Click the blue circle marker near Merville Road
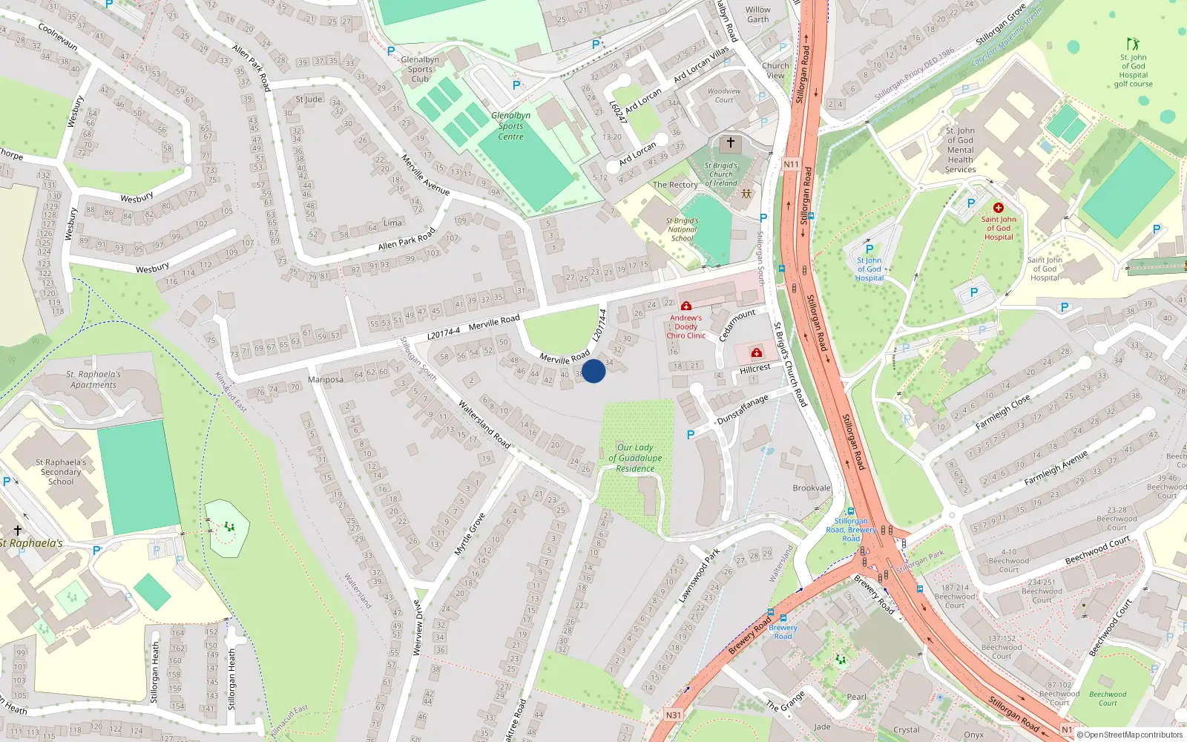pyautogui.click(x=593, y=371)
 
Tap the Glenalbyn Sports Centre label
pyautogui.click(x=510, y=126)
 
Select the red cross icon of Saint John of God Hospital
pyautogui.click(x=999, y=209)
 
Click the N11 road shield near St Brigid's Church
pyautogui.click(x=791, y=165)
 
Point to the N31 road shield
pyautogui.click(x=673, y=715)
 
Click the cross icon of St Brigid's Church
pyautogui.click(x=731, y=142)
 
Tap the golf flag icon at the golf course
pyautogui.click(x=1132, y=44)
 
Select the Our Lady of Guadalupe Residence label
pyautogui.click(x=635, y=458)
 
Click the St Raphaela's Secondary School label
pyautogui.click(x=61, y=472)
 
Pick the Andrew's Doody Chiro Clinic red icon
pyautogui.click(x=686, y=306)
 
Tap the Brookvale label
pyautogui.click(x=812, y=488)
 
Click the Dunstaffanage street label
pyautogui.click(x=743, y=410)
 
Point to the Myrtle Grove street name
pyautogui.click(x=469, y=534)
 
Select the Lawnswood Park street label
pyautogui.click(x=699, y=575)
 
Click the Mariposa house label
pyautogui.click(x=326, y=380)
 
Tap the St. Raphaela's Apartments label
pyautogui.click(x=93, y=380)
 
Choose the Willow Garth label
pyautogui.click(x=758, y=15)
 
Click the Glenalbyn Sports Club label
pyautogui.click(x=420, y=69)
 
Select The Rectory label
pyautogui.click(x=675, y=185)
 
